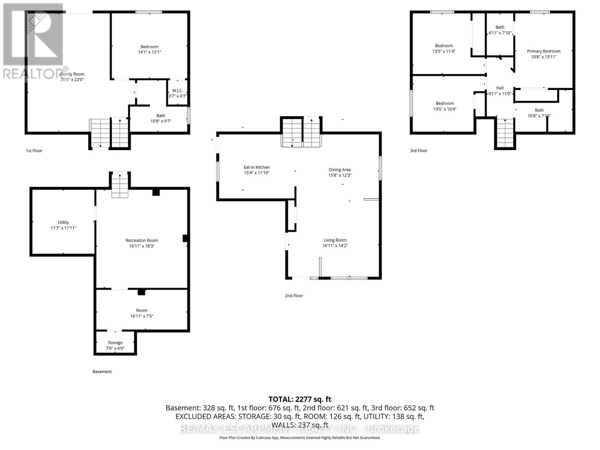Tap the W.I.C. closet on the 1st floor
point(177,93)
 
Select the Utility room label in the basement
point(63,222)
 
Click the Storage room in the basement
point(115,345)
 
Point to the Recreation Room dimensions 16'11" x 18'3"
point(142,246)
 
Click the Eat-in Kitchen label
point(256,167)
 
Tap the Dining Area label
point(339,169)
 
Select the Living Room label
point(335,240)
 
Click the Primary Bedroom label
point(543,51)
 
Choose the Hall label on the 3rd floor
point(499,88)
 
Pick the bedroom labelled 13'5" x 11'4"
point(444,48)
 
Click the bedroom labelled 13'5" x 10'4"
point(444,106)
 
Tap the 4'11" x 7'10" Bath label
point(500,30)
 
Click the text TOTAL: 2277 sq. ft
point(300,399)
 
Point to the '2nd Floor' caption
point(294,295)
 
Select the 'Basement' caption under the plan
point(102,372)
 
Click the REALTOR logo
point(33,41)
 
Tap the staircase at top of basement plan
point(120,185)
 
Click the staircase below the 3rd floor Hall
point(505,133)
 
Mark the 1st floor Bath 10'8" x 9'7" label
point(160,118)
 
